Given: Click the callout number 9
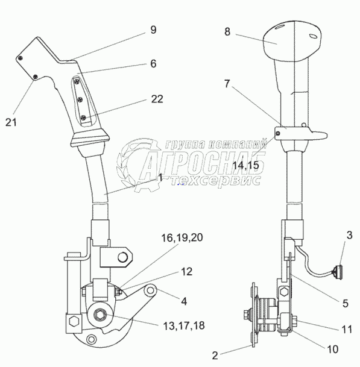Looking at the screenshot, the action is pyautogui.click(x=153, y=30).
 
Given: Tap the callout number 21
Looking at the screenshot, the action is pyautogui.click(x=11, y=122).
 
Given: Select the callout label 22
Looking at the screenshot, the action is pyautogui.click(x=157, y=99).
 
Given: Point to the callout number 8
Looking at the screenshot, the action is pyautogui.click(x=227, y=32).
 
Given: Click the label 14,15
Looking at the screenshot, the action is pyautogui.click(x=245, y=165).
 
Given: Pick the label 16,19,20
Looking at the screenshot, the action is pyautogui.click(x=182, y=238).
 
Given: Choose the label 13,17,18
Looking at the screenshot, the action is pyautogui.click(x=184, y=326).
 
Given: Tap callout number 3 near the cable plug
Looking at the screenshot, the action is pyautogui.click(x=349, y=235).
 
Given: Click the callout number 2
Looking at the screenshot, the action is pyautogui.click(x=215, y=356).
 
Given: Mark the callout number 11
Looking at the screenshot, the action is pyautogui.click(x=347, y=330).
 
